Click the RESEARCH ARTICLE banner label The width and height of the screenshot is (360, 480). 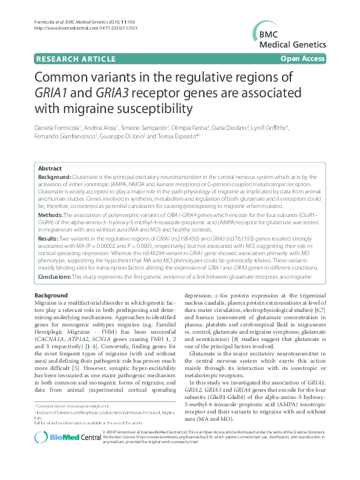[x=76, y=59]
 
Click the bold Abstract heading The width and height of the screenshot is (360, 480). [x=50, y=169]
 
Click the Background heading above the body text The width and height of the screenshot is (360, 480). [x=51, y=295]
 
